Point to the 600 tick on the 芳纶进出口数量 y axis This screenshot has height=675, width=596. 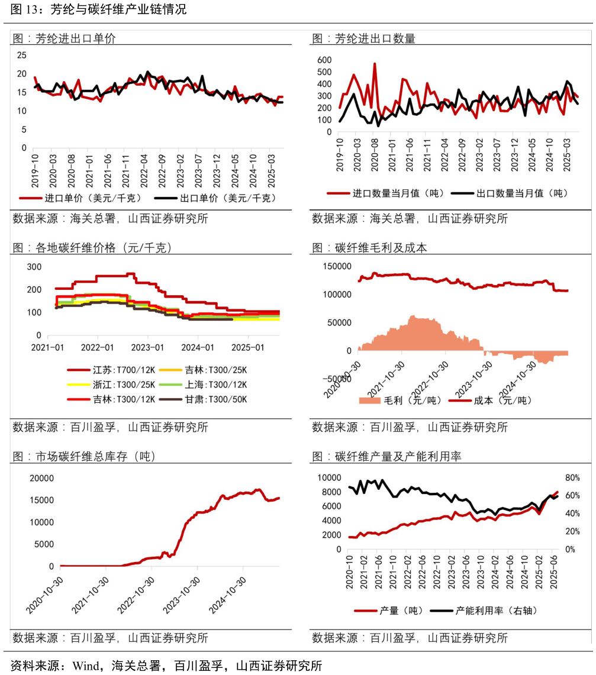pyautogui.click(x=324, y=60)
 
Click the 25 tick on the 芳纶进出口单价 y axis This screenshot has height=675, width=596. pyautogui.click(x=22, y=55)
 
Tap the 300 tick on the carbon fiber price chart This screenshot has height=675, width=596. pyautogui.click(x=34, y=267)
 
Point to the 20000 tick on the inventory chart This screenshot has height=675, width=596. pyautogui.click(x=43, y=478)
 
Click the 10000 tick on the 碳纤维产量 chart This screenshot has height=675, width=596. pyautogui.click(x=330, y=477)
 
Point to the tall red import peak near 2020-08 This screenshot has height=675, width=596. pyautogui.click(x=375, y=64)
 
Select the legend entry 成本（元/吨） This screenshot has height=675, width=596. pyautogui.click(x=502, y=401)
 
